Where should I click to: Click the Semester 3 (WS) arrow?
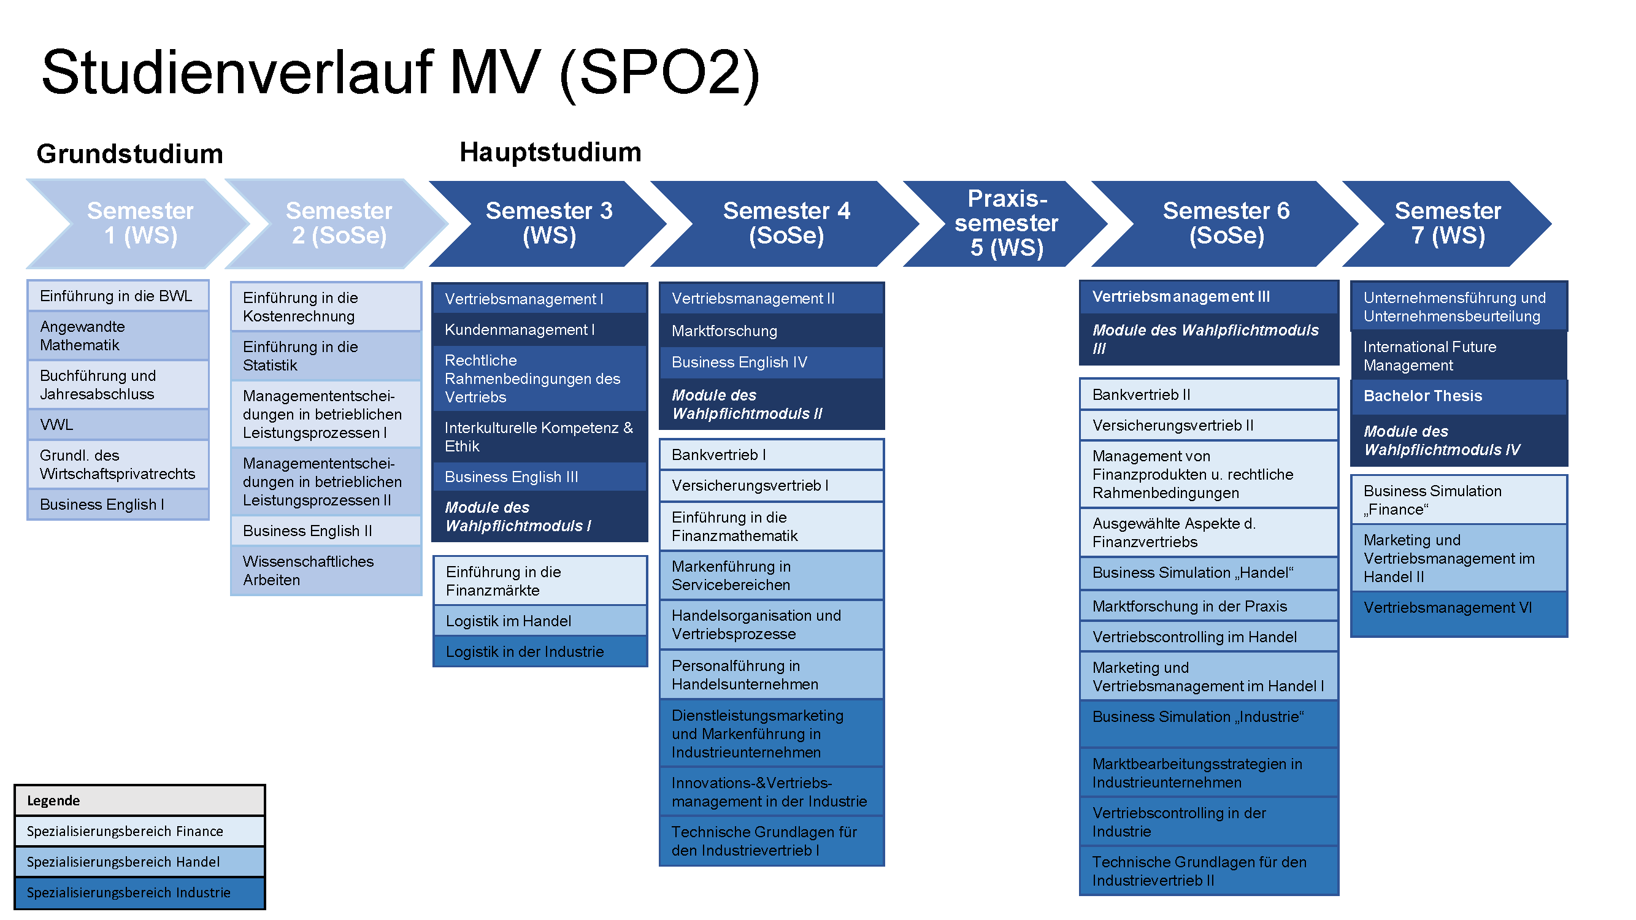pos(548,223)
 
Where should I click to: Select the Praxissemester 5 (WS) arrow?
pos(1006,223)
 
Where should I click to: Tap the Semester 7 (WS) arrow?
pos(1448,223)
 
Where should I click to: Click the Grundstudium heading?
pos(129,154)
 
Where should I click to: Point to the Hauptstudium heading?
pos(550,152)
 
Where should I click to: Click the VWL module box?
pos(118,425)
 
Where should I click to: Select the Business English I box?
pos(118,505)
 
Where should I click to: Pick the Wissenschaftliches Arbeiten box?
pos(326,571)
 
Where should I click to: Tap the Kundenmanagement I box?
pos(540,329)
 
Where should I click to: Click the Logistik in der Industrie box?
pos(540,652)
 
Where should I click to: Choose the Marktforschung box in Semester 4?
pos(772,331)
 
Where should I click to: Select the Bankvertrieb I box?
pos(772,455)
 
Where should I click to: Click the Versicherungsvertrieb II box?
pos(1209,426)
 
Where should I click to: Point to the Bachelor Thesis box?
pos(1459,396)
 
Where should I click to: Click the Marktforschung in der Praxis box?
pos(1209,607)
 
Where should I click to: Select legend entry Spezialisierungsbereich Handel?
pos(140,862)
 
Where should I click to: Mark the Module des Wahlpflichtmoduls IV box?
pos(1459,440)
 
